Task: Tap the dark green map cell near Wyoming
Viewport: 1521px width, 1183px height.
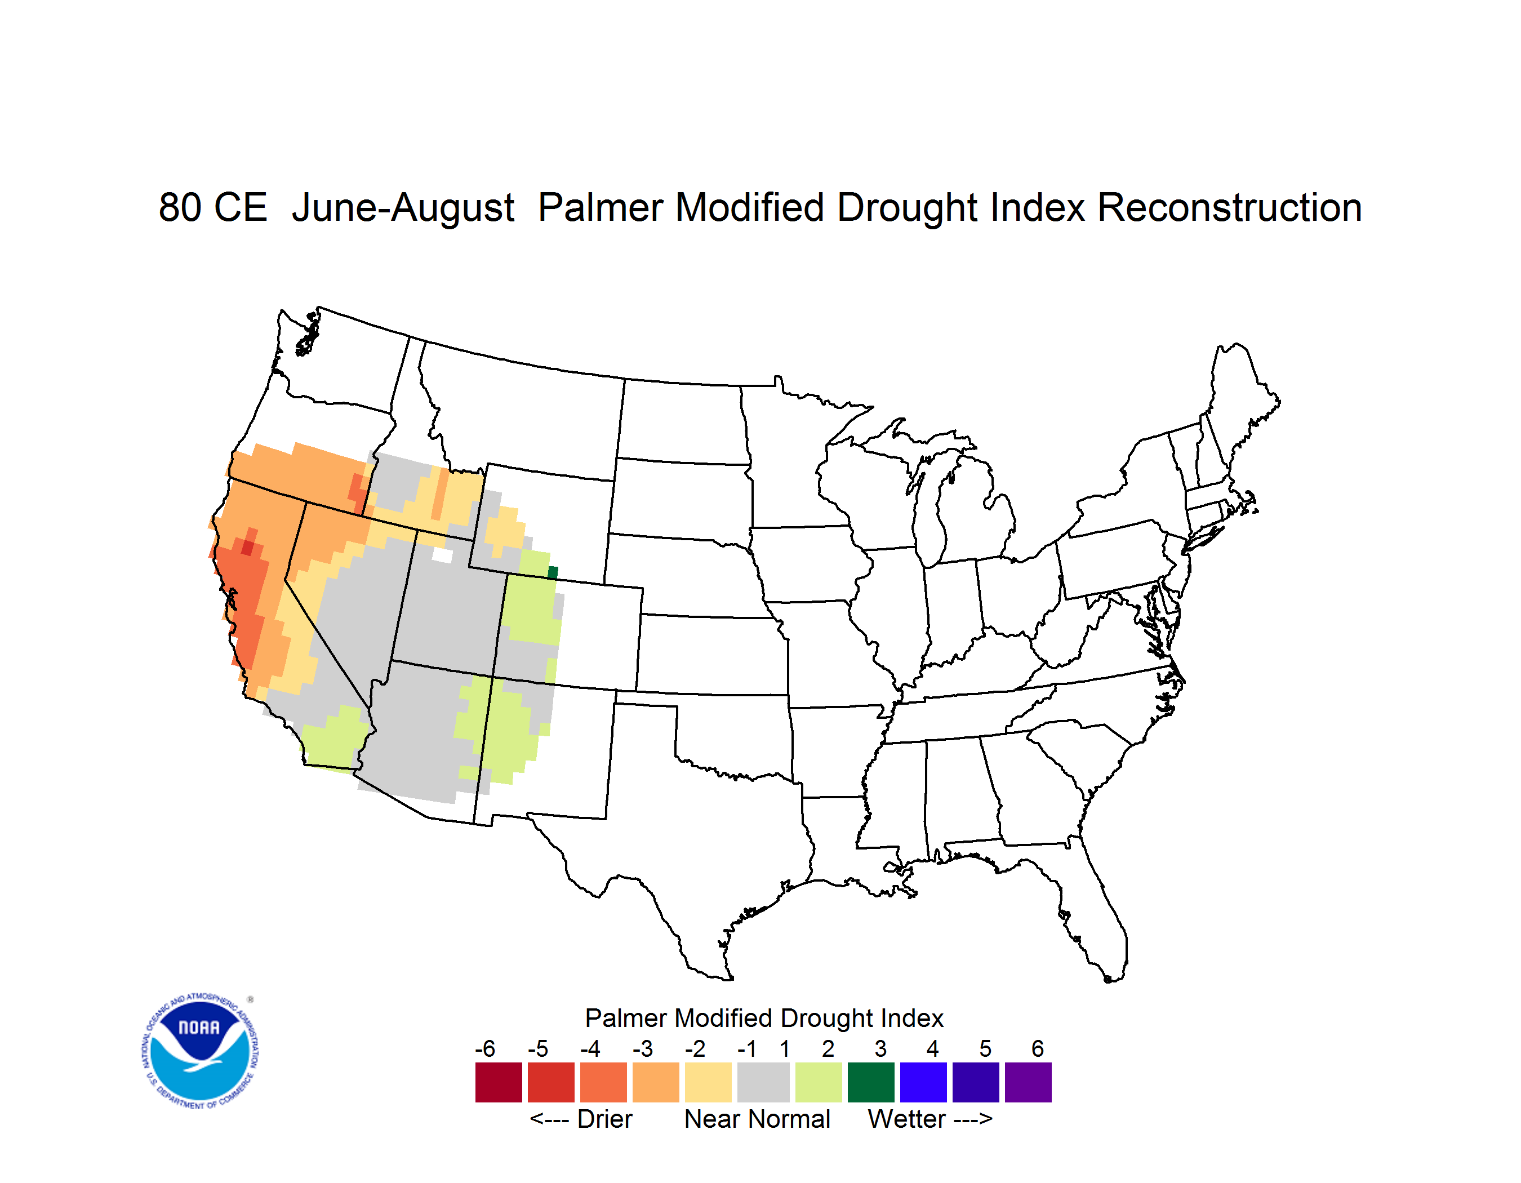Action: pyautogui.click(x=553, y=573)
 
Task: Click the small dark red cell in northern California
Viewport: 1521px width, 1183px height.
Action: pyautogui.click(x=247, y=548)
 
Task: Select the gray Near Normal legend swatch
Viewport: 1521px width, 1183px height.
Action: pyautogui.click(x=763, y=1082)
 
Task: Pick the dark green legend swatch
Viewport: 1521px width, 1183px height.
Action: pyautogui.click(x=870, y=1082)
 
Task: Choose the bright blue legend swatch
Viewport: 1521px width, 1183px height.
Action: pyautogui.click(x=923, y=1082)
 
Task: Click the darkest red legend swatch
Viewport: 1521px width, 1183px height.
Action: pyautogui.click(x=499, y=1082)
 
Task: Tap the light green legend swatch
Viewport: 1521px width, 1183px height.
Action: pyautogui.click(x=819, y=1082)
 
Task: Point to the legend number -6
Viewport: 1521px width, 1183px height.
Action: pyautogui.click(x=486, y=1048)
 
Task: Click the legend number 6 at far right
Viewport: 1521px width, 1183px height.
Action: pyautogui.click(x=1038, y=1048)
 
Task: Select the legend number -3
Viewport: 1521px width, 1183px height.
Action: pyautogui.click(x=643, y=1048)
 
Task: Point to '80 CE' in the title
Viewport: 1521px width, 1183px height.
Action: pyautogui.click(x=213, y=207)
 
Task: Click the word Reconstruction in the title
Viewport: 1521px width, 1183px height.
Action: pyautogui.click(x=1230, y=207)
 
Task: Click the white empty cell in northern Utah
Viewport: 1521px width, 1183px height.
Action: pyautogui.click(x=442, y=555)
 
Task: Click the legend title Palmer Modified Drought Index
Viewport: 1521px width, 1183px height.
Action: pyautogui.click(x=764, y=1019)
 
